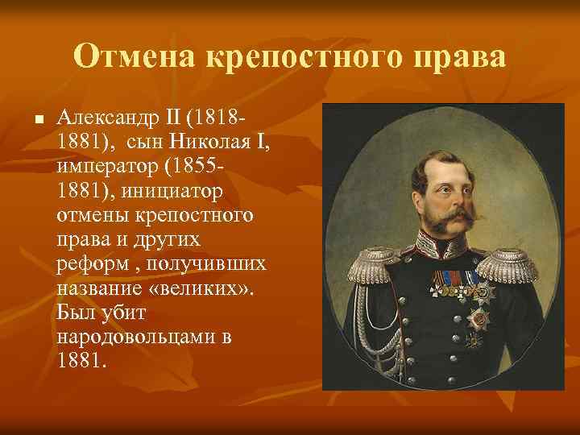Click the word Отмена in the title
click(134, 57)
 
